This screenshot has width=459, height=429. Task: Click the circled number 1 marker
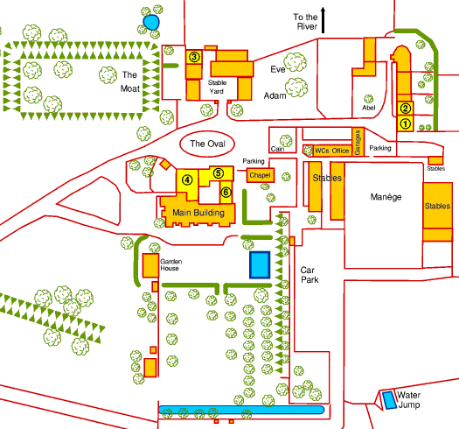[x=405, y=123]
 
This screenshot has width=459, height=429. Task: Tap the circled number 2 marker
[x=405, y=109]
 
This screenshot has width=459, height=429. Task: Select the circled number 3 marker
[x=194, y=57]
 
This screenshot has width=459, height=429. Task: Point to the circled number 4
[x=187, y=179]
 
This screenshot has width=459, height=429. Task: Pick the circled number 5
[x=218, y=173]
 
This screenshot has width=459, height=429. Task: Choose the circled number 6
[x=226, y=193]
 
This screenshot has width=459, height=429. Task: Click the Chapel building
[x=261, y=175]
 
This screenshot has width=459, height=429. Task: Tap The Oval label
[x=207, y=144]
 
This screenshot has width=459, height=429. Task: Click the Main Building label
[x=198, y=213]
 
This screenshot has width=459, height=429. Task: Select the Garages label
[x=357, y=143]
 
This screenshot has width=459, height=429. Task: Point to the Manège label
[x=386, y=197]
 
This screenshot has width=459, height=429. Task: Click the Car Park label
[x=309, y=275]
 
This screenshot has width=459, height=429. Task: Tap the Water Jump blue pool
[x=389, y=400]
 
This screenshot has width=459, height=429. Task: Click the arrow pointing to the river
[x=323, y=20]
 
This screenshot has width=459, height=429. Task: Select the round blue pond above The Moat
[x=151, y=22]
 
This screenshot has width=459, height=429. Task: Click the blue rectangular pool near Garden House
[x=260, y=264]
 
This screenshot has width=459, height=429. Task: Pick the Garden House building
[x=150, y=265]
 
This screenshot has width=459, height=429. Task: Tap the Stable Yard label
[x=217, y=87]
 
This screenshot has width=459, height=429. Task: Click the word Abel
[x=369, y=108]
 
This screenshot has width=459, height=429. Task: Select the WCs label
[x=322, y=151]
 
